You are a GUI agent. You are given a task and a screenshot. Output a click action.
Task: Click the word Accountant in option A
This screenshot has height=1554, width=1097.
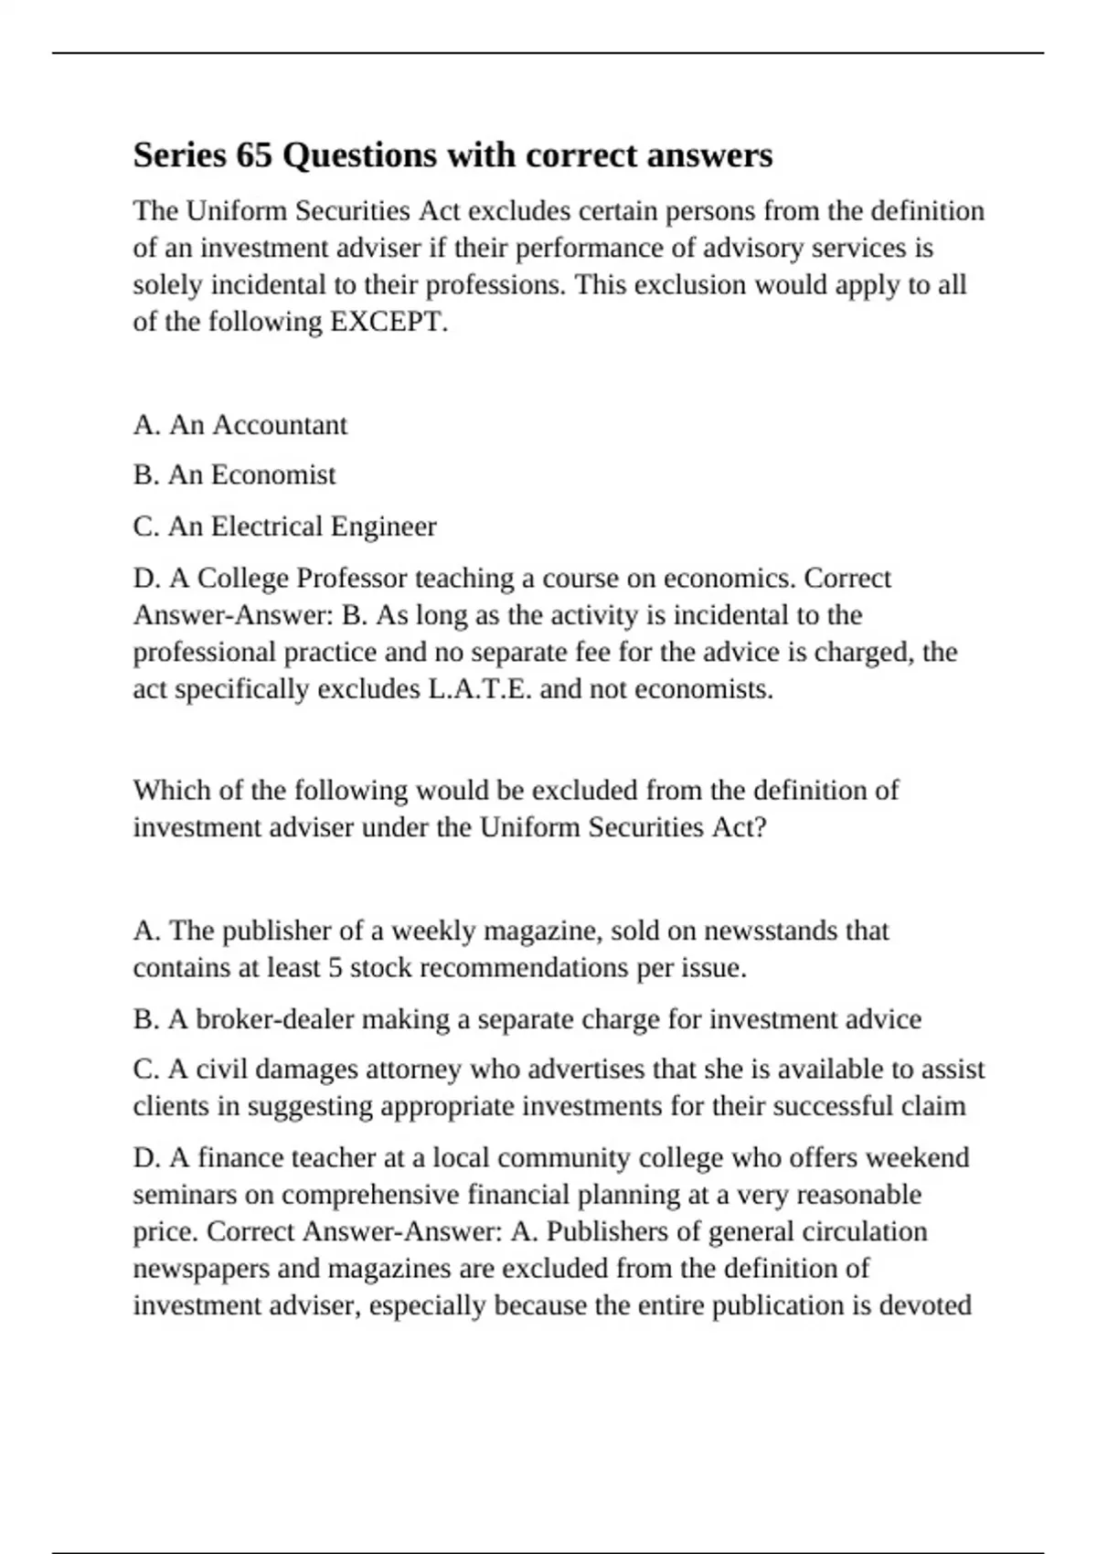coord(280,425)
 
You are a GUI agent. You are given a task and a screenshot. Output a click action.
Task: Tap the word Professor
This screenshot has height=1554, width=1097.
coord(352,579)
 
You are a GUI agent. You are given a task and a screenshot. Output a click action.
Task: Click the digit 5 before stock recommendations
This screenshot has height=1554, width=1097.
coord(335,968)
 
